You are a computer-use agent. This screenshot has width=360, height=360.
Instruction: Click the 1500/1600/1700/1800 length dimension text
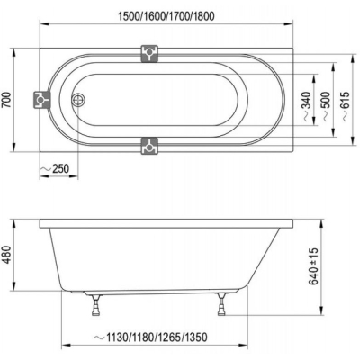166,16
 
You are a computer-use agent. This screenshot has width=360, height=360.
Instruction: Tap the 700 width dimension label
6,100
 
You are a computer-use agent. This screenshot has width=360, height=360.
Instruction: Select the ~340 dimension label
306,106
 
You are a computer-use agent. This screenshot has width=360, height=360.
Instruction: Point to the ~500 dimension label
327,106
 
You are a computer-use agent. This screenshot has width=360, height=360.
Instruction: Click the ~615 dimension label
346,106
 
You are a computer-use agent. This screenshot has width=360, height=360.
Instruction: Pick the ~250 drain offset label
54,168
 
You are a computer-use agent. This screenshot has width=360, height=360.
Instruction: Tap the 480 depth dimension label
6,255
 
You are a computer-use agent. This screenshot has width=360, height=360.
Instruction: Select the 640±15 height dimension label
313,266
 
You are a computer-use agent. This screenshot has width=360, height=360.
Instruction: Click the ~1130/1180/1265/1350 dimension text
151,337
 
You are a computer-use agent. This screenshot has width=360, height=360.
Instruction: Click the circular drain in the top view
78,100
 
